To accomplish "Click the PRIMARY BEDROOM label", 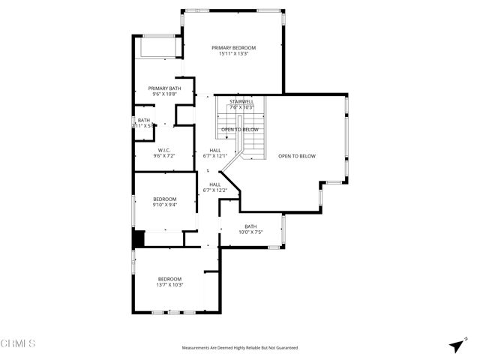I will coord(233,48).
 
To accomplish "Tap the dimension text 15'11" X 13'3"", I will coord(233,54).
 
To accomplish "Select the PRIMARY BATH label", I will coord(164,88).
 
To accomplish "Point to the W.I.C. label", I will coord(163,149).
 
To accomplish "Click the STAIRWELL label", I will coord(241,101).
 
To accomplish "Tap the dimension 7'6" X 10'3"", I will coord(241,107).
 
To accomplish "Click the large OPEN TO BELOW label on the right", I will coord(297,156).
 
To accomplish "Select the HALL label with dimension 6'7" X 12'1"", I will coord(215,150).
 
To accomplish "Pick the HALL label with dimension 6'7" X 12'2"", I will coord(215,184).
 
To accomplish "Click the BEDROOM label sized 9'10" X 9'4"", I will coord(164,199).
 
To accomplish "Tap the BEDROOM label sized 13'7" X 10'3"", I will coord(170,279).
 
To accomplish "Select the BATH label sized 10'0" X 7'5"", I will coord(250,226).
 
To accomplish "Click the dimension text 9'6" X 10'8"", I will coord(164,94).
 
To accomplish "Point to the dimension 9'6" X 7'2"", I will coord(163,155).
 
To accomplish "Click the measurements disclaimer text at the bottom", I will coord(240,348).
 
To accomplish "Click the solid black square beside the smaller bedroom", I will coord(138,239).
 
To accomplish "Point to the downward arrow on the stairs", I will coord(223,130).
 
